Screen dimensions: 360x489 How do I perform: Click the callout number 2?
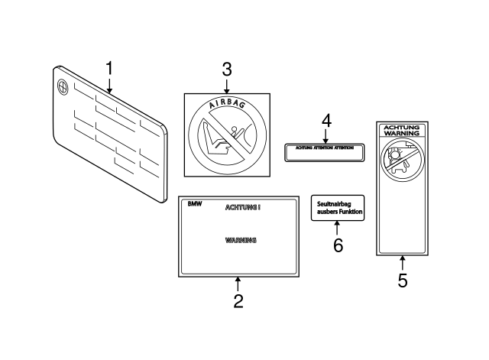click(x=238, y=301)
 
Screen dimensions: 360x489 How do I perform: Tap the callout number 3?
click(x=226, y=70)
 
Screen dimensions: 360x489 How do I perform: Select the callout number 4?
click(x=325, y=121)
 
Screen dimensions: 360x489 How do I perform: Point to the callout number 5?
click(x=403, y=280)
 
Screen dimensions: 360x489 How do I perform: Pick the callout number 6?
click(x=338, y=245)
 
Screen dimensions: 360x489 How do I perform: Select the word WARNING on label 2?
click(x=241, y=240)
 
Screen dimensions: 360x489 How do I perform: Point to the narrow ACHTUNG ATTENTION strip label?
click(x=324, y=152)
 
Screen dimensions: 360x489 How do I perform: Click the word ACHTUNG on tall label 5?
click(x=402, y=126)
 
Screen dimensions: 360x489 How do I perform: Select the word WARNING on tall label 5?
click(x=402, y=134)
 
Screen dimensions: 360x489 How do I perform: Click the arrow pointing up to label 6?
click(x=338, y=228)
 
